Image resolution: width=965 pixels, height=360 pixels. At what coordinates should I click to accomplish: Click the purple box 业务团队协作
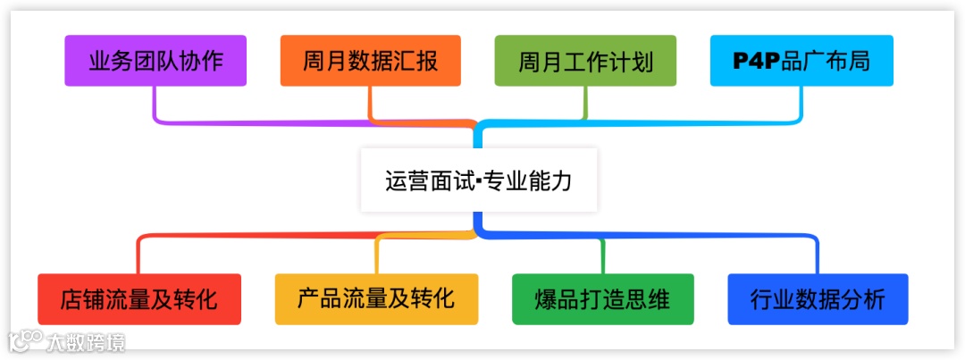coord(155,61)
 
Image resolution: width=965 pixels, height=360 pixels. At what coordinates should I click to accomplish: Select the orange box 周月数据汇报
coord(370,61)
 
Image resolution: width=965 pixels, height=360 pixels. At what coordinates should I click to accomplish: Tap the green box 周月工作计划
coord(585,61)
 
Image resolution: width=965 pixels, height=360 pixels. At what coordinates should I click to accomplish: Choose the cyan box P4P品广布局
coord(801,61)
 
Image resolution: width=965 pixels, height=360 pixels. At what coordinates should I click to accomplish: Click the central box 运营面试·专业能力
coord(478,180)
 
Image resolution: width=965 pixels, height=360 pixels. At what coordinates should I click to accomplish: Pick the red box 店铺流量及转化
coord(138,298)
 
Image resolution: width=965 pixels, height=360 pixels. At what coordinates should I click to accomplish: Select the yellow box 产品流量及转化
coord(376,298)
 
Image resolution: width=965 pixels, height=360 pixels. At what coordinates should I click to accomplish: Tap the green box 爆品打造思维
coord(602,298)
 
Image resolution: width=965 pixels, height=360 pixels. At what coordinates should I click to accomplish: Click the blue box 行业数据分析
coord(818,298)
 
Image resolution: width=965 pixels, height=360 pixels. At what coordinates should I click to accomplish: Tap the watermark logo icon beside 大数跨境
coord(26,340)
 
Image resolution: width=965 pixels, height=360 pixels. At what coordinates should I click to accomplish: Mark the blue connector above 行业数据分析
coord(817,255)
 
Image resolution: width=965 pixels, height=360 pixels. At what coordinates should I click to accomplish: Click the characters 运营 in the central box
coord(400,180)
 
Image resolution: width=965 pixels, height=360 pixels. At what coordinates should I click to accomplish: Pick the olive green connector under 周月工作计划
coord(586,102)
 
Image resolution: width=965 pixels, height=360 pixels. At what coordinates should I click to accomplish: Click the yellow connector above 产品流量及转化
coord(377,255)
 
